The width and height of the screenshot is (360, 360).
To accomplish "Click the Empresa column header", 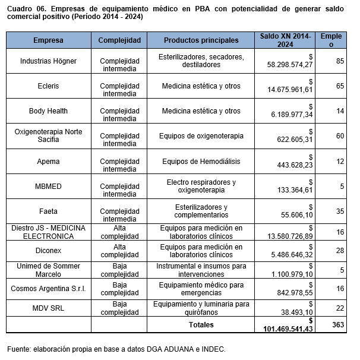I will pyautogui.click(x=48, y=40).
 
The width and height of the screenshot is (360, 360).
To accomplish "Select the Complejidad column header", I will pyautogui.click(x=119, y=40).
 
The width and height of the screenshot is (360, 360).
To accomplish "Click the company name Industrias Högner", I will pyautogui.click(x=48, y=61).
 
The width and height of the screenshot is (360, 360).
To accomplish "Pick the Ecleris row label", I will pyautogui.click(x=48, y=86).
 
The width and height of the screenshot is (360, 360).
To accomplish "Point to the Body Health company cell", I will pyautogui.click(x=48, y=111).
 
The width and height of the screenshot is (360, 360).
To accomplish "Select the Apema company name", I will pyautogui.click(x=48, y=161).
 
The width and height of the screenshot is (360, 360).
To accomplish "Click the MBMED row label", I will pyautogui.click(x=48, y=186).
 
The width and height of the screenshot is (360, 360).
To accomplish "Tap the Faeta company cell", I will pyautogui.click(x=48, y=211).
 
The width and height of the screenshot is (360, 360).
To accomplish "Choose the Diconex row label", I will pyautogui.click(x=48, y=251).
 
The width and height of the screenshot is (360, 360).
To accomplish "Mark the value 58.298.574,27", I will pyautogui.click(x=290, y=64).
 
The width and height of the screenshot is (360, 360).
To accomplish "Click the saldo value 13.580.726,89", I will pyautogui.click(x=290, y=236).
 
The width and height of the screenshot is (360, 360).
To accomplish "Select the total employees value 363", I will pyautogui.click(x=337, y=325).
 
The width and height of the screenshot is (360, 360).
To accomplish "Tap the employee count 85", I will pyautogui.click(x=340, y=61).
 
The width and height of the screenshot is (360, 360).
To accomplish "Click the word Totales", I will pyautogui.click(x=201, y=325).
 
